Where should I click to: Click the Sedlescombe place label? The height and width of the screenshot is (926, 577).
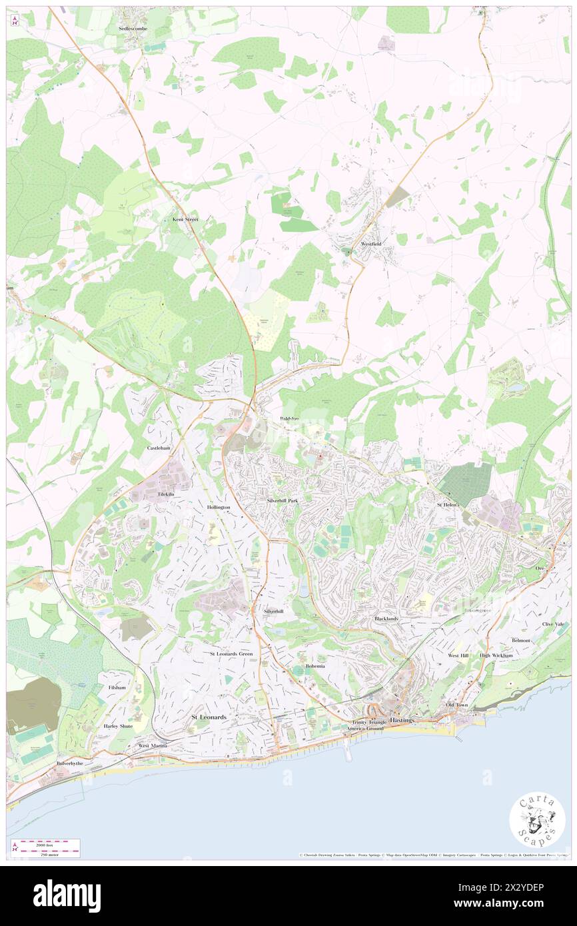(x=131, y=29)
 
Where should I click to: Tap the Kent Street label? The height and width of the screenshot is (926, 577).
(x=185, y=219)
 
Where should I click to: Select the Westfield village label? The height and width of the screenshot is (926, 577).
(x=371, y=244)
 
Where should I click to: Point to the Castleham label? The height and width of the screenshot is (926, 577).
(x=159, y=448)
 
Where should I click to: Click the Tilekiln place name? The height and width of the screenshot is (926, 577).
(x=166, y=495)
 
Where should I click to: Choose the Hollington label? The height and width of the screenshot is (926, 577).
(x=219, y=507)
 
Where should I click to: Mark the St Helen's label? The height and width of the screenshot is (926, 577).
(x=448, y=505)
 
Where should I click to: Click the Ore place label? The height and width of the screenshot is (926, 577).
(x=540, y=568)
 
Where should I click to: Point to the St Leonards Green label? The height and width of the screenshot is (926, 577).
(x=231, y=654)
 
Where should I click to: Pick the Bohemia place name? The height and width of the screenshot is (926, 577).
(x=315, y=666)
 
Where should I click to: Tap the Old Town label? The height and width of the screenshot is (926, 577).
(x=456, y=705)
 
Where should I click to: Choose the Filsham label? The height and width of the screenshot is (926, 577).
(x=116, y=687)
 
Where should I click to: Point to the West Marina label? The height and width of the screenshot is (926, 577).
(x=152, y=745)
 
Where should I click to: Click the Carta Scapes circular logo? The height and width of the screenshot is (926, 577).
(x=537, y=819)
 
